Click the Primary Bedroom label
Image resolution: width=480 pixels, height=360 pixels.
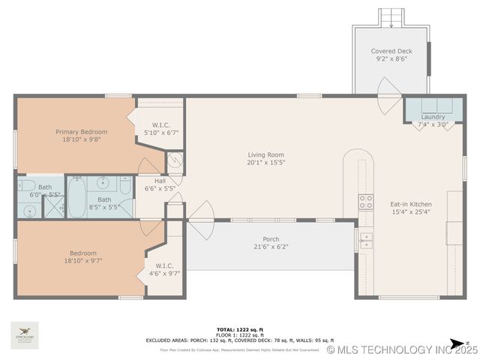81,132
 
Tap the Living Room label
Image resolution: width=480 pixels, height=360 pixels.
266,155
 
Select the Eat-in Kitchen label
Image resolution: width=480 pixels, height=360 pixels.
410,203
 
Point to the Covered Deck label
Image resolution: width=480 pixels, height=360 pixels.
392,52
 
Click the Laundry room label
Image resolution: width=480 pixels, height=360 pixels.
433,117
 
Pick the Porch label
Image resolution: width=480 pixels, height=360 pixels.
271,239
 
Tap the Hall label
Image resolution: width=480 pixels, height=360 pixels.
160,181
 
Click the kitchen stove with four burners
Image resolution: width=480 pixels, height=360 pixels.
365,201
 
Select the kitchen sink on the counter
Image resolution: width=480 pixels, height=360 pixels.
365,240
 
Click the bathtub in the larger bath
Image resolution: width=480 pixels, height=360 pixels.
76,198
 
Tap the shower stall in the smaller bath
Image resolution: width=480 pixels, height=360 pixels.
53,206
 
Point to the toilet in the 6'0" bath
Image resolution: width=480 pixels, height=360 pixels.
25,186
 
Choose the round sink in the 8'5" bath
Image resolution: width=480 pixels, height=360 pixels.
103,181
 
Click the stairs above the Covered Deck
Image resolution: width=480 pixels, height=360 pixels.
391,17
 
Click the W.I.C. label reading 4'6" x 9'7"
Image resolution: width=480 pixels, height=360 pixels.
164,269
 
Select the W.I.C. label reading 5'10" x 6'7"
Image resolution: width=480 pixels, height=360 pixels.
160,129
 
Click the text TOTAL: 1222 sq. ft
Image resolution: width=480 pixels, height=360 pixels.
239,329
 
